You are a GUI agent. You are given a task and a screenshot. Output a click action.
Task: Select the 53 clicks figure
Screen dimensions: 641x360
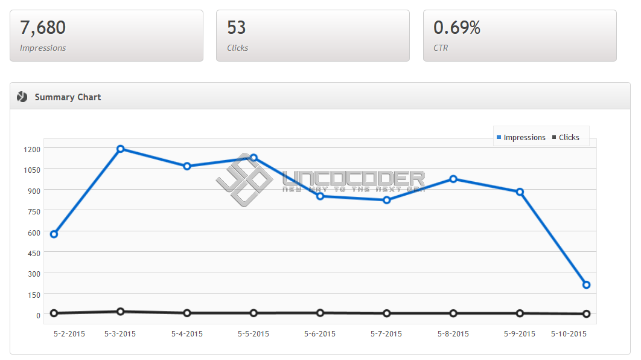click(236, 28)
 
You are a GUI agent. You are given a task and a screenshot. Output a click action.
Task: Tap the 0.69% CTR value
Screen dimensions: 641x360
click(457, 28)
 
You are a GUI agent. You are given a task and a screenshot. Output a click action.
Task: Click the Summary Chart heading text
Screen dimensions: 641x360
click(68, 97)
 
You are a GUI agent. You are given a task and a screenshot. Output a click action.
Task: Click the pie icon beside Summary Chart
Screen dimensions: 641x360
click(22, 97)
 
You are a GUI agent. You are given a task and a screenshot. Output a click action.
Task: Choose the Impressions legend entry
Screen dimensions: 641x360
click(521, 138)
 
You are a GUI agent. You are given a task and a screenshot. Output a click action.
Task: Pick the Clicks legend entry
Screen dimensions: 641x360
click(566, 138)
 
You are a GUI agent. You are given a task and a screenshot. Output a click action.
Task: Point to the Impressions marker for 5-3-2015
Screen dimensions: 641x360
click(120, 149)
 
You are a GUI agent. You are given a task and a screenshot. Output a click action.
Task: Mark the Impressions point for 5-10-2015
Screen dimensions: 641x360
click(586, 284)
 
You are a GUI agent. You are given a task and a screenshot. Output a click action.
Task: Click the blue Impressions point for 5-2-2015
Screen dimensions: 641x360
click(54, 234)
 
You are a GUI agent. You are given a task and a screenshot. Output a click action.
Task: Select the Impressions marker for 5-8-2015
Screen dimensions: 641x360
click(453, 179)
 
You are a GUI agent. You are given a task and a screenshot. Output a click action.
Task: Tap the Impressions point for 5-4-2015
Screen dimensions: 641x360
click(187, 166)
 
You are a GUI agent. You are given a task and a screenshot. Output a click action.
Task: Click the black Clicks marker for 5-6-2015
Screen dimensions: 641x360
click(320, 313)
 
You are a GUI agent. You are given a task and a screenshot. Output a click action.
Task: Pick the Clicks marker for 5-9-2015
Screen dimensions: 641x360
click(520, 313)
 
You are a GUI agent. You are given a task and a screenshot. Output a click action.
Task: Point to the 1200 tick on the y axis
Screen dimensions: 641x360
click(32, 149)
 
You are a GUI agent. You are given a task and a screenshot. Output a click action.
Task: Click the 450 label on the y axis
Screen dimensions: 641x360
click(34, 254)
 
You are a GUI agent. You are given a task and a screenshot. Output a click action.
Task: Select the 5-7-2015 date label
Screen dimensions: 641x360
click(386, 334)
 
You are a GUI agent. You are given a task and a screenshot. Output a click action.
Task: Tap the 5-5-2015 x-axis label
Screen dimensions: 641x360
click(254, 334)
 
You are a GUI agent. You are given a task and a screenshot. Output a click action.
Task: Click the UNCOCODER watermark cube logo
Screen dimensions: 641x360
click(244, 180)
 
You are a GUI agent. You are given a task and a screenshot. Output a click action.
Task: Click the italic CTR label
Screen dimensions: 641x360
click(441, 48)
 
